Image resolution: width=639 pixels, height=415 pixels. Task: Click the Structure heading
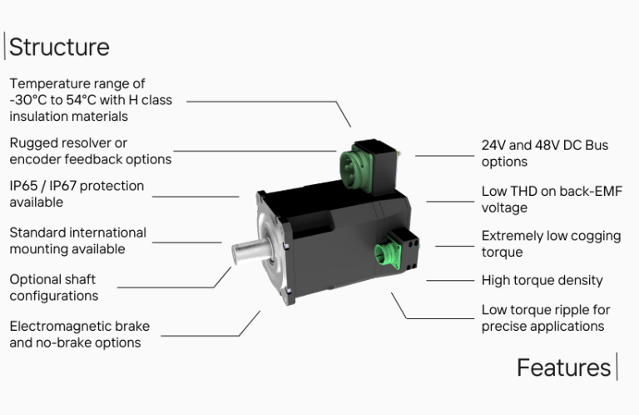click(x=59, y=47)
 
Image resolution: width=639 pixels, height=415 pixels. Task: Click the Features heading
click(x=563, y=367)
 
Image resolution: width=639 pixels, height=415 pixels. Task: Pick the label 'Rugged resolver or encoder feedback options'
click(x=90, y=151)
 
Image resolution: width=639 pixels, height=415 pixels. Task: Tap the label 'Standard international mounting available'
click(x=77, y=241)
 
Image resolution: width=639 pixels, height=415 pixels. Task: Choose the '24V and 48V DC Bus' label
click(x=544, y=145)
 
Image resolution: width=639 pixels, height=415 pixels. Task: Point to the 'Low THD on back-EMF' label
click(x=552, y=192)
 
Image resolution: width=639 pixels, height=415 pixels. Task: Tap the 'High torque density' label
click(x=542, y=281)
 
